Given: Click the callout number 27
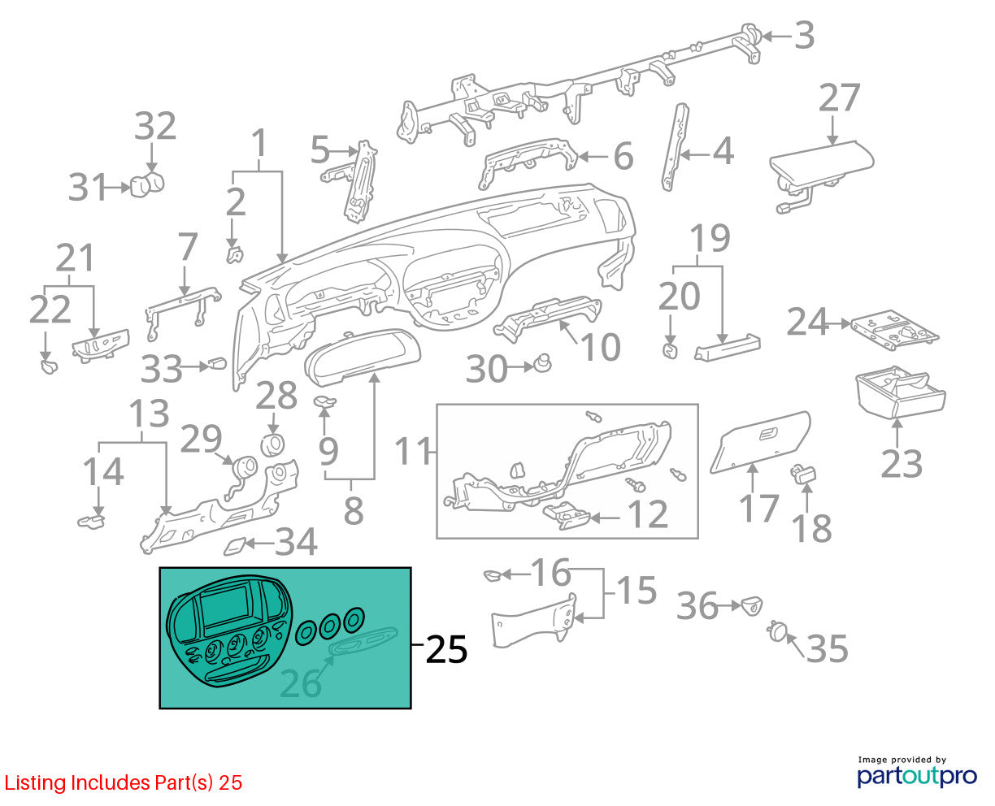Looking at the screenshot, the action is point(839,97).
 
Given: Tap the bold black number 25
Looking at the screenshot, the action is point(446,649).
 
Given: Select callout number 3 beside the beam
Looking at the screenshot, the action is point(805,35).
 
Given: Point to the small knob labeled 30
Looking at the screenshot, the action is point(542,363).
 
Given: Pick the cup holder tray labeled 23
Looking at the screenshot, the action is point(900,391).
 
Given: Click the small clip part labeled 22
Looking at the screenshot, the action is point(49,366).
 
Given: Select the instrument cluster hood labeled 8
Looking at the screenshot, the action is point(362,357).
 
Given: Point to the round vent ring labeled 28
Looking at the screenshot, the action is point(272,444).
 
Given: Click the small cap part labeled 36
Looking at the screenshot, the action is point(752,605).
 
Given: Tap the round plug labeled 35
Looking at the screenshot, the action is point(776,632).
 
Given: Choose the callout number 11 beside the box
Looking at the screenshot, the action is point(413,451).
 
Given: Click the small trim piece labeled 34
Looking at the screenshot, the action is point(234,546).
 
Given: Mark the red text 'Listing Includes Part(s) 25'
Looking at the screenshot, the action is point(124,782).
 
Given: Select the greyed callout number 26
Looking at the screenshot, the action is point(300,683).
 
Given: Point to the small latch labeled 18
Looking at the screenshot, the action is point(802,474).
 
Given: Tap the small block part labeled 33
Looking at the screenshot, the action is point(216,364).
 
